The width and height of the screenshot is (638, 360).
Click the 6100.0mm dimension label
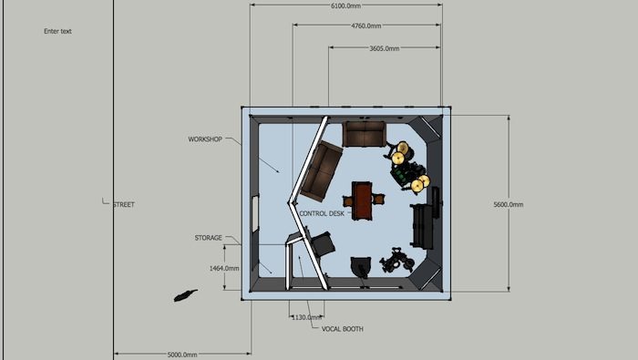pyautogui.click(x=345, y=5)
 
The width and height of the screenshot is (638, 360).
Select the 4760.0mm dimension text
pyautogui.click(x=366, y=26)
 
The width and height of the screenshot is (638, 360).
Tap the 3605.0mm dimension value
pyautogui.click(x=384, y=48)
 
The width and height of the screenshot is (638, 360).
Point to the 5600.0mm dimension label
pyautogui.click(x=509, y=204)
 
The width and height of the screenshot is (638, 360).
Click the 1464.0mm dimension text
pyautogui.click(x=224, y=268)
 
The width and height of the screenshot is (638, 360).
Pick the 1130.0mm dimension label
pyautogui.click(x=306, y=317)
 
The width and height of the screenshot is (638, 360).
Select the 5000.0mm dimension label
pyautogui.click(x=182, y=355)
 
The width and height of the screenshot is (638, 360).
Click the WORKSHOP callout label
pyautogui.click(x=205, y=139)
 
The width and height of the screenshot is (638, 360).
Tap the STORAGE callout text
pyautogui.click(x=209, y=238)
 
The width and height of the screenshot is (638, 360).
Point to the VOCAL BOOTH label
pyautogui.click(x=342, y=329)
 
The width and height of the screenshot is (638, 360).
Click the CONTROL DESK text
pyautogui.click(x=322, y=213)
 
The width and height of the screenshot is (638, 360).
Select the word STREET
pyautogui.click(x=124, y=204)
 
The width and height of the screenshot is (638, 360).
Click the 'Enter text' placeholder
pyautogui.click(x=57, y=31)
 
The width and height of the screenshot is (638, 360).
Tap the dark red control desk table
pyautogui.click(x=362, y=201)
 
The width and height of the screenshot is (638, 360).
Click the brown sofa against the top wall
pyautogui.click(x=365, y=133)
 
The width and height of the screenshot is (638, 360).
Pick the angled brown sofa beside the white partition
pyautogui.click(x=321, y=171)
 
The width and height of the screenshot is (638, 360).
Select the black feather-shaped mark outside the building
pyautogui.click(x=185, y=295)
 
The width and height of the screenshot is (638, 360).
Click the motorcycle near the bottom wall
pyautogui.click(x=396, y=261)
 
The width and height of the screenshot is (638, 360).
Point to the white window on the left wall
pyautogui.click(x=255, y=214)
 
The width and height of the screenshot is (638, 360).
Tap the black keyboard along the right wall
pyautogui.click(x=422, y=226)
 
